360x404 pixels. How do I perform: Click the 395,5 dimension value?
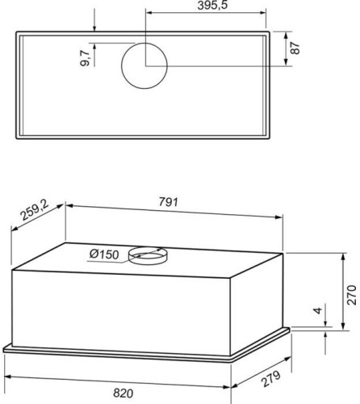pos(212,5)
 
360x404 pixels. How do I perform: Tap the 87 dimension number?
pos(295,48)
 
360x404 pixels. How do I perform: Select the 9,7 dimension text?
pos(86,58)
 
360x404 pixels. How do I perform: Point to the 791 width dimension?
pos(169,202)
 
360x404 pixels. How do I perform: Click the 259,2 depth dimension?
pos(35,211)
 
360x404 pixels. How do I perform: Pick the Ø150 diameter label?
pos(104,254)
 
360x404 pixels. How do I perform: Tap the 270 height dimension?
pos(351,295)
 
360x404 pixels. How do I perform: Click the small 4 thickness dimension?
pos(318,310)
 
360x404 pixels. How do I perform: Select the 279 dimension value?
pos(271,379)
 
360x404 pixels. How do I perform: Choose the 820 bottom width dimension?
pos(123,393)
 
